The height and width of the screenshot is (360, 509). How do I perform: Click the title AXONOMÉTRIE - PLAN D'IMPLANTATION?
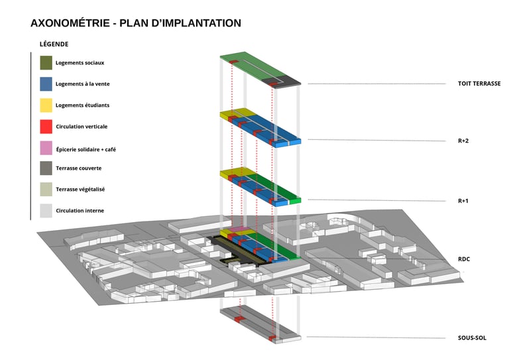click(x=136, y=23)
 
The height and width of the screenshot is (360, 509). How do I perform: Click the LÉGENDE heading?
click(x=54, y=44)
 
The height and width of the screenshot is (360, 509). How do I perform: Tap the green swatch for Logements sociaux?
click(x=46, y=62)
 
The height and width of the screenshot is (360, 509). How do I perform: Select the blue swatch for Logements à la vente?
click(x=46, y=84)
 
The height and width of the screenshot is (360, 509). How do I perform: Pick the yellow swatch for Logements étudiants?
click(x=46, y=105)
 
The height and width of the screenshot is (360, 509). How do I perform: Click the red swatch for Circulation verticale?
click(x=46, y=126)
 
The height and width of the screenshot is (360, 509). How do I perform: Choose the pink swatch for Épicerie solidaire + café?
click(x=46, y=147)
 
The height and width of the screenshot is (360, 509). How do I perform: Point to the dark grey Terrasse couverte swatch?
click(x=46, y=168)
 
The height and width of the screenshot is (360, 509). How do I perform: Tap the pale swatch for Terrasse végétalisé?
click(x=46, y=189)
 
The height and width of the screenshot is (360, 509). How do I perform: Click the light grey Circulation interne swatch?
click(x=46, y=210)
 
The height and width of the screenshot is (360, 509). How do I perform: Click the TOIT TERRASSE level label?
click(x=479, y=84)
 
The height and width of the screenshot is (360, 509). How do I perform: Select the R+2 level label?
click(x=463, y=141)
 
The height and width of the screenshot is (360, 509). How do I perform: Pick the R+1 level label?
click(x=463, y=200)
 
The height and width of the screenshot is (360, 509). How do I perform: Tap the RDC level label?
click(x=464, y=259)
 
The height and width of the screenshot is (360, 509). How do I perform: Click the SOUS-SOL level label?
click(x=472, y=338)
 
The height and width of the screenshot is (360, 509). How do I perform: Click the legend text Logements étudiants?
click(x=82, y=105)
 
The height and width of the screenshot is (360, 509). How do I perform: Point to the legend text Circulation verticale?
click(x=82, y=126)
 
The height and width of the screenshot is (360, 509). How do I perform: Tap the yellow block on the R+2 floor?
click(x=237, y=113)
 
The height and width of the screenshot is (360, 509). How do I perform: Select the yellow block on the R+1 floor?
click(x=236, y=172)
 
